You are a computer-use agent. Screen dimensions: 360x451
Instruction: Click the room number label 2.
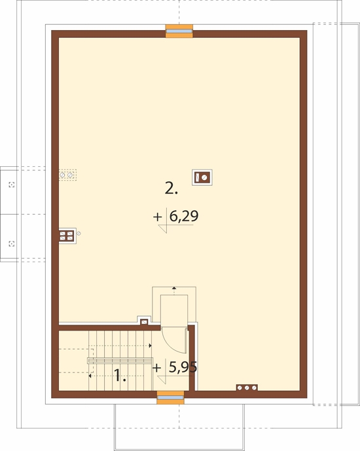point(171,189)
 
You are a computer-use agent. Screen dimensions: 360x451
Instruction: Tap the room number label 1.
point(120,375)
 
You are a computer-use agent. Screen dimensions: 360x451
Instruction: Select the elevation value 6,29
point(184,216)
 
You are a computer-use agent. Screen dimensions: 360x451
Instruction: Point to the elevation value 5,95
point(183,367)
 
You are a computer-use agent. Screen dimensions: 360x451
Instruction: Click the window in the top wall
point(179,31)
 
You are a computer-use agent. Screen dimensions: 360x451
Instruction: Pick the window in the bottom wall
point(171,397)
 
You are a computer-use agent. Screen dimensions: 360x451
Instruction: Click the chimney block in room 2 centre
point(202,177)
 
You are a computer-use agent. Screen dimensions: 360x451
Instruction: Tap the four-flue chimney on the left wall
point(67,236)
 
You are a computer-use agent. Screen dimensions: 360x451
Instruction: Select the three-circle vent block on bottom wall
point(247,388)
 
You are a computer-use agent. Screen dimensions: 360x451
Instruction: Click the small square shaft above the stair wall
point(144,321)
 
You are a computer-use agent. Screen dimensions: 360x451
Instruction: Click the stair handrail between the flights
point(120,361)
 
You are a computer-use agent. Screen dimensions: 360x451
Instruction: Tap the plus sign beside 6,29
point(158,217)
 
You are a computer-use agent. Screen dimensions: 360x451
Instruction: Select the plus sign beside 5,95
point(156,368)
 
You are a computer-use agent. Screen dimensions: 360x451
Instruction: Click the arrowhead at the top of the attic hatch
point(174,287)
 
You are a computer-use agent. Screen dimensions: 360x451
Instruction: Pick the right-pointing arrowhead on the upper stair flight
point(150,346)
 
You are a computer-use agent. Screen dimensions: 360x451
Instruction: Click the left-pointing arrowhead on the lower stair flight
point(90,376)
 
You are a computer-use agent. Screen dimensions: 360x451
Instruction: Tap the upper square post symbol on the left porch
point(12,185)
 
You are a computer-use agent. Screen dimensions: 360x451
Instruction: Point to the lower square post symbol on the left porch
point(12,244)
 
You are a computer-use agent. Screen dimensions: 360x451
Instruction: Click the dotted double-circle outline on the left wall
point(67,175)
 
